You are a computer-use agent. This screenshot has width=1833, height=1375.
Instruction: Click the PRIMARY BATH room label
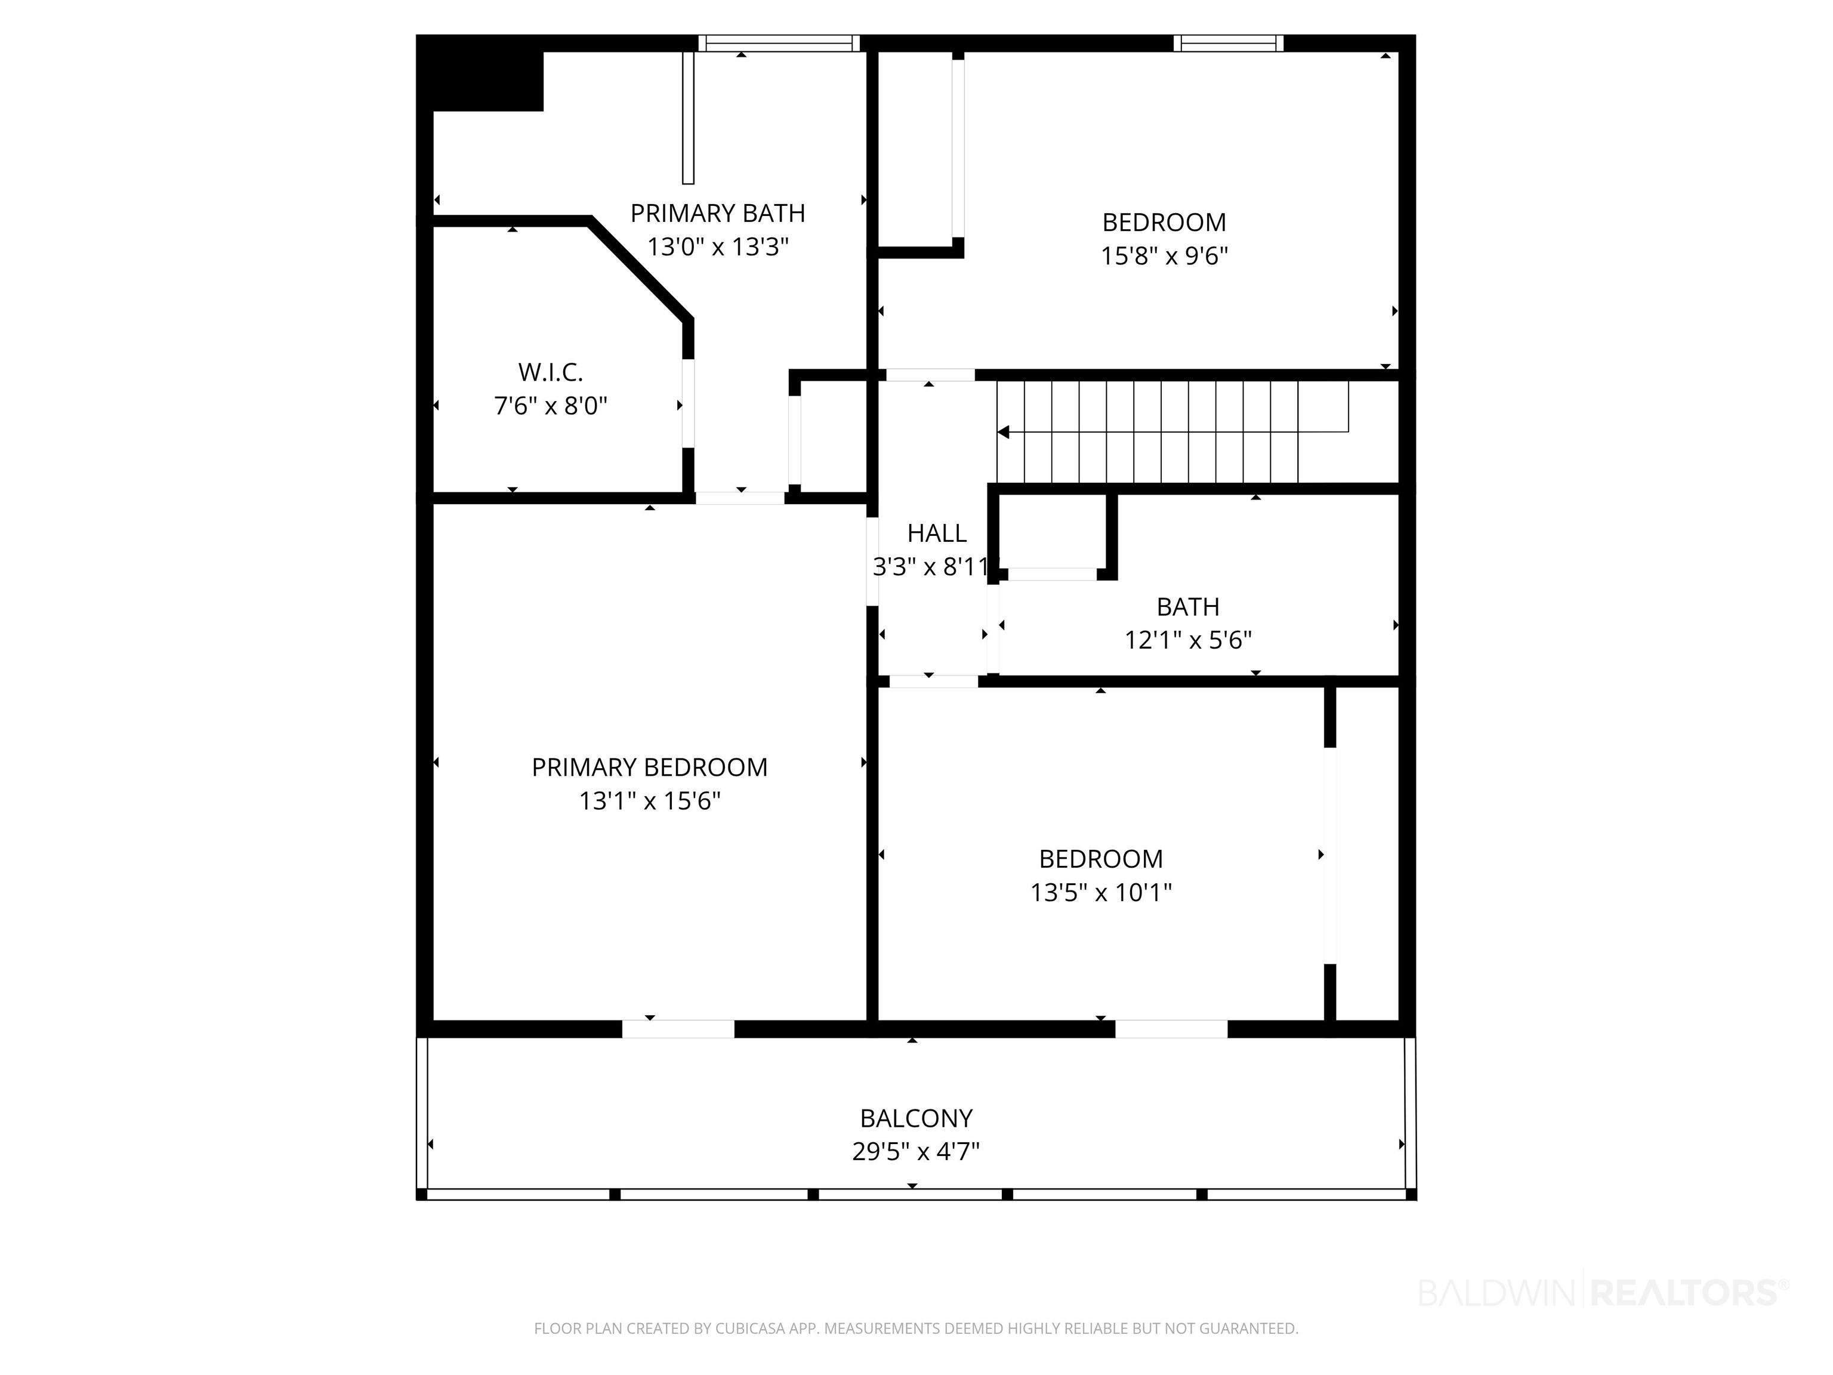[718, 214]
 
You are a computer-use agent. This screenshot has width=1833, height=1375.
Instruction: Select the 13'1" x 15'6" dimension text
[650, 801]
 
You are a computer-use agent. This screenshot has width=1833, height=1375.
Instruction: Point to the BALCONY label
[916, 1119]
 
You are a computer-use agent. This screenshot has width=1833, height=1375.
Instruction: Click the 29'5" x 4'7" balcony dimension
[916, 1152]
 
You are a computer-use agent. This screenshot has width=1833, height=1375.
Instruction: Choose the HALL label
[936, 533]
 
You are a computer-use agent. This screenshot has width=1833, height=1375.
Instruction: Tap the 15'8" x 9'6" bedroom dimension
[1164, 256]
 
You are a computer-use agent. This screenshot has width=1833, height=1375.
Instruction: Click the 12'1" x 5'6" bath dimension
[1187, 641]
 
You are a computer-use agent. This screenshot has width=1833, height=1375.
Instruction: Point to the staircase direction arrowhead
[1002, 432]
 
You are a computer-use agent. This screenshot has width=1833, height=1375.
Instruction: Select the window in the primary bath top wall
[779, 43]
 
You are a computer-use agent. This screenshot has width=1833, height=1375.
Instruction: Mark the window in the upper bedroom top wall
[1228, 43]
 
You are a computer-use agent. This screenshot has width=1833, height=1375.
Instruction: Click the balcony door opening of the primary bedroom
[678, 1028]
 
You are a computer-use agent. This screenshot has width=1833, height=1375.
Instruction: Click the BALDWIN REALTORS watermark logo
[1603, 1292]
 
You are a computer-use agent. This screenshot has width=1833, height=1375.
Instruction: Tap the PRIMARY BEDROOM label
[650, 767]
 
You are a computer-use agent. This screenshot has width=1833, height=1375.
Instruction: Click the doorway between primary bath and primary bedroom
[740, 498]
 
